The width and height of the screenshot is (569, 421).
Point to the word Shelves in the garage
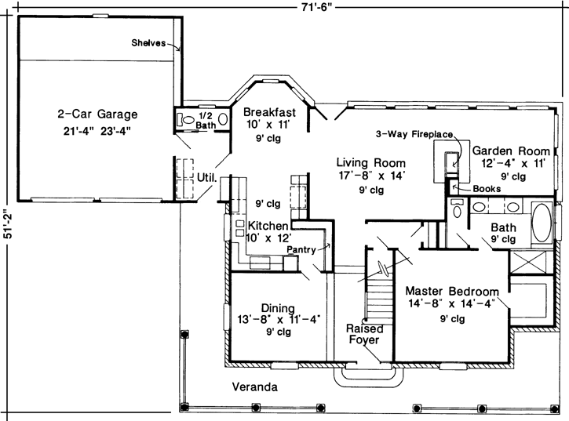click(148, 43)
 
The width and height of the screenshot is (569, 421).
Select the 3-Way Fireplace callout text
click(414, 134)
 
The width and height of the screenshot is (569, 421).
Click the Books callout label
click(487, 189)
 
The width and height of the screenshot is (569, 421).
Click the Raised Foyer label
click(365, 334)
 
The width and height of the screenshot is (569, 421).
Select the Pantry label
click(301, 250)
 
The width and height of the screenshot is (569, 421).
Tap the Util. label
click(206, 177)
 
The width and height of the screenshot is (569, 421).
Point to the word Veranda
click(255, 387)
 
